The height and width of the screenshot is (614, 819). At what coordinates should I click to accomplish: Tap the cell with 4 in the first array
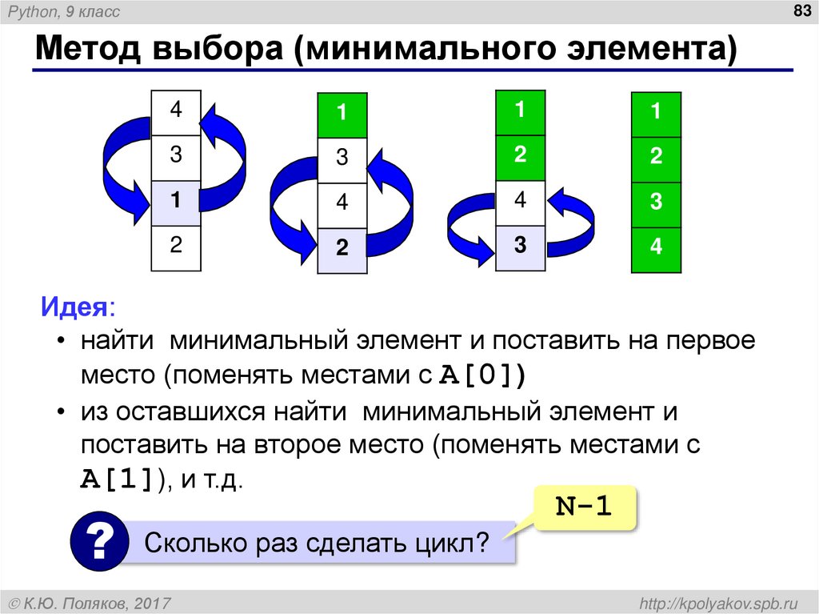click(x=176, y=111)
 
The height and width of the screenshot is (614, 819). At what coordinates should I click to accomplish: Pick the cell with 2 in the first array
click(x=176, y=246)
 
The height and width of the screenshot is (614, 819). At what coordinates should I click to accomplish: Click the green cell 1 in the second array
click(x=342, y=114)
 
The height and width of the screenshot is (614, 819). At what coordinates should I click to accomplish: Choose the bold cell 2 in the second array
click(x=342, y=249)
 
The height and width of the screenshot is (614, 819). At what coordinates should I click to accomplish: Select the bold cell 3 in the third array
click(x=521, y=246)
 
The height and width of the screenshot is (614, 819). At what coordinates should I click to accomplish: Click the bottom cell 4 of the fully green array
click(x=656, y=248)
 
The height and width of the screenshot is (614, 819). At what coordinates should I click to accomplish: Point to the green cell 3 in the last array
click(x=656, y=203)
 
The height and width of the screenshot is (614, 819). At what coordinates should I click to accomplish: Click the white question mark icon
click(x=99, y=543)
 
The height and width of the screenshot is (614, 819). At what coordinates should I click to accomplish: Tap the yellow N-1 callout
click(x=584, y=507)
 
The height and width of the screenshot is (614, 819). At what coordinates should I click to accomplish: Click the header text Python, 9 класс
click(x=65, y=11)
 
